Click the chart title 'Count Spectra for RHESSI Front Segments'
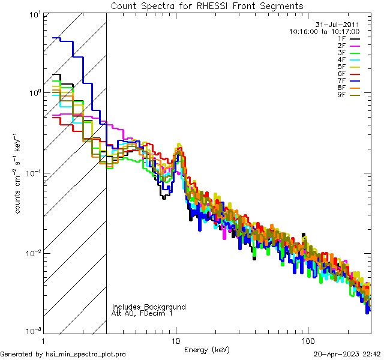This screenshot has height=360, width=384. (207, 6)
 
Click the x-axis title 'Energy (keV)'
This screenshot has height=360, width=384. (207, 349)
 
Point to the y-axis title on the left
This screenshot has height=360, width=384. (19, 173)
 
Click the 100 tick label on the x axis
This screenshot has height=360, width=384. (308, 340)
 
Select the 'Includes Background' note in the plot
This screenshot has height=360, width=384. (149, 307)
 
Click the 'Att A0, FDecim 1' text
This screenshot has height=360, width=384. (142, 313)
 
